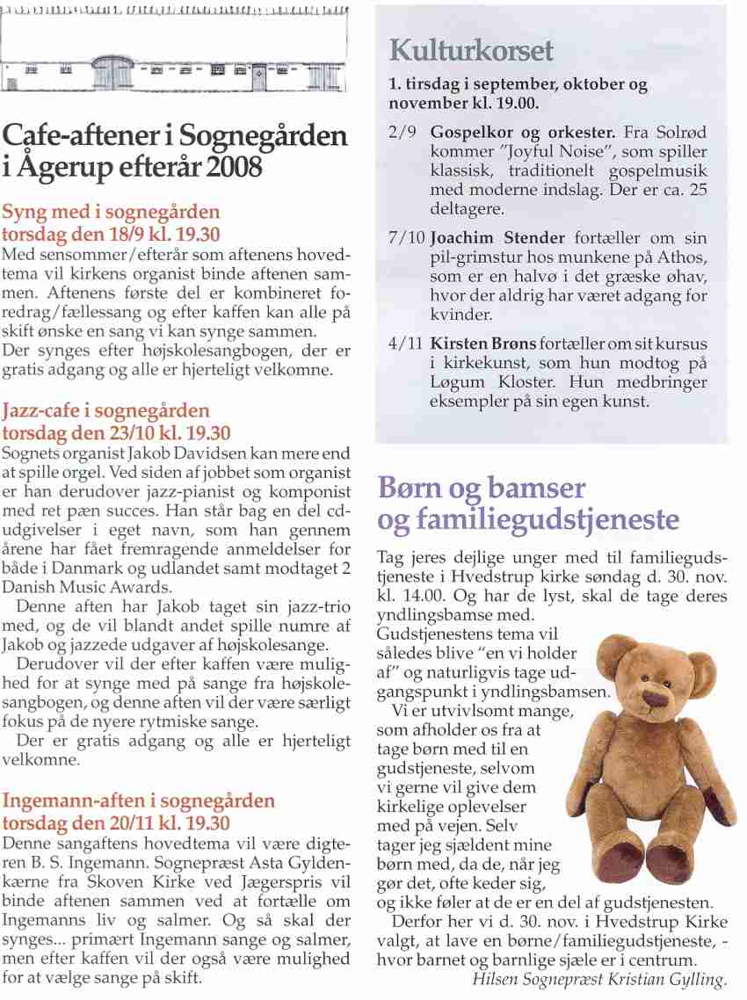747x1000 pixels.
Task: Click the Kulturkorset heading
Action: click(x=471, y=50)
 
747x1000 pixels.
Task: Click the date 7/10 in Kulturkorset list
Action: click(x=407, y=239)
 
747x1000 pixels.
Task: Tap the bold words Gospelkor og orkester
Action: click(x=523, y=134)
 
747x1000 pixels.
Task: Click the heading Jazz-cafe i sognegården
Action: click(x=106, y=411)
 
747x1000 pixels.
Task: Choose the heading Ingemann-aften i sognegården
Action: click(x=139, y=801)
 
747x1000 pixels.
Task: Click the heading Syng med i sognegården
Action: click(x=112, y=213)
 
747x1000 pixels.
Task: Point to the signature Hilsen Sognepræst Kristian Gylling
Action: click(x=600, y=980)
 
